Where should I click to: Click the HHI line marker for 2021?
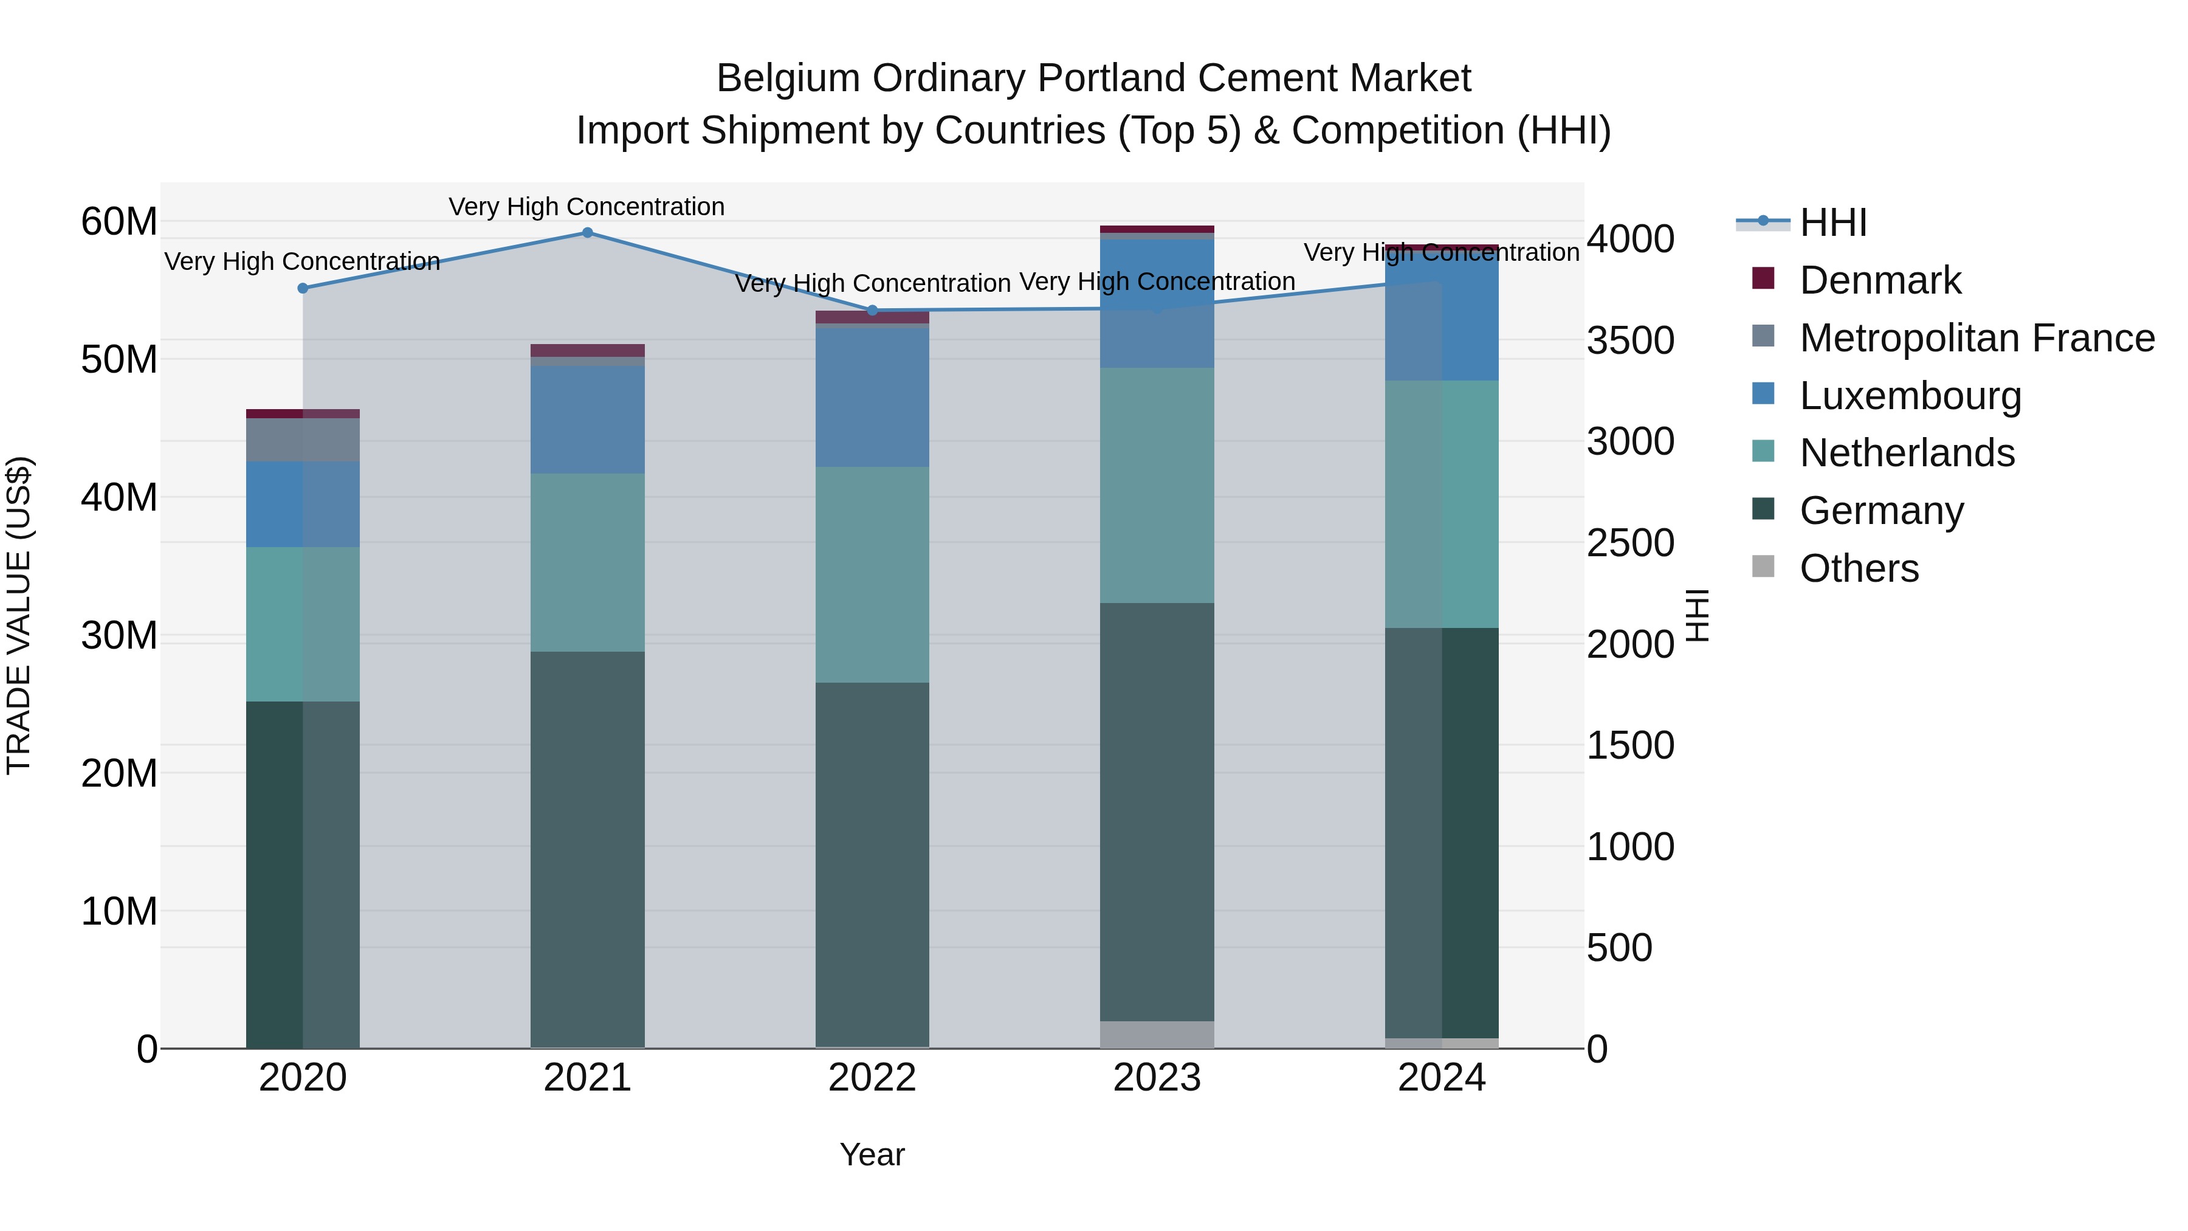click(587, 233)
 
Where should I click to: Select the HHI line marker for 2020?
click(303, 288)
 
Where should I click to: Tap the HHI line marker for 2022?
click(872, 310)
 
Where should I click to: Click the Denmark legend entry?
click(1880, 280)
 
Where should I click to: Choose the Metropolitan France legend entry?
click(1976, 338)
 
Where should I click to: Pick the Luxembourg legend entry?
click(1910, 396)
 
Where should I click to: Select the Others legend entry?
click(1859, 568)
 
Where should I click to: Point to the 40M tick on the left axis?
click(119, 498)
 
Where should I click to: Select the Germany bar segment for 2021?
click(587, 850)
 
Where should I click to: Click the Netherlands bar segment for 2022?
click(872, 574)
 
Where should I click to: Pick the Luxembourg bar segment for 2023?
click(1157, 303)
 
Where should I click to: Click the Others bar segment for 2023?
click(1157, 1034)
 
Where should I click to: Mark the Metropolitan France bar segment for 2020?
click(303, 440)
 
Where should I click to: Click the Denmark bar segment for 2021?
click(587, 350)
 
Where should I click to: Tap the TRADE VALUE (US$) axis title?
click(19, 615)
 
